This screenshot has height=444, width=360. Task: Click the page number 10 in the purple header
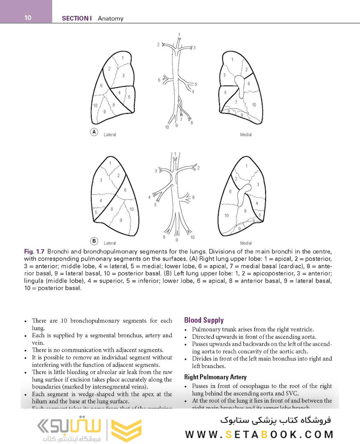tap(28, 18)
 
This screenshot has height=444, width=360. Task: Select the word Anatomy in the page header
tap(111, 18)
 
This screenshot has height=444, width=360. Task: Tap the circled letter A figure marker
tap(94, 132)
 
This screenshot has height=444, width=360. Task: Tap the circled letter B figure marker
tap(94, 241)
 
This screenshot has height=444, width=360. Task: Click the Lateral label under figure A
tap(110, 135)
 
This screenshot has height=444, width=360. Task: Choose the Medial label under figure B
tap(246, 243)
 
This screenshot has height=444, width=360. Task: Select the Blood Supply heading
tap(204, 320)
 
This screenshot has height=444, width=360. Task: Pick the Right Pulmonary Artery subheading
tap(215, 377)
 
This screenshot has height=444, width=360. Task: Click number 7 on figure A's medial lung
tap(236, 102)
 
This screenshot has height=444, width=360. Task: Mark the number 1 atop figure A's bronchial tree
tap(179, 34)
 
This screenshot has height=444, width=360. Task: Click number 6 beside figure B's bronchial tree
tap(193, 197)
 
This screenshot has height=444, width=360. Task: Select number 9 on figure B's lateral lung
tap(121, 220)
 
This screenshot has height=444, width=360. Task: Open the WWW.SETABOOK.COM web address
tap(259, 435)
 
